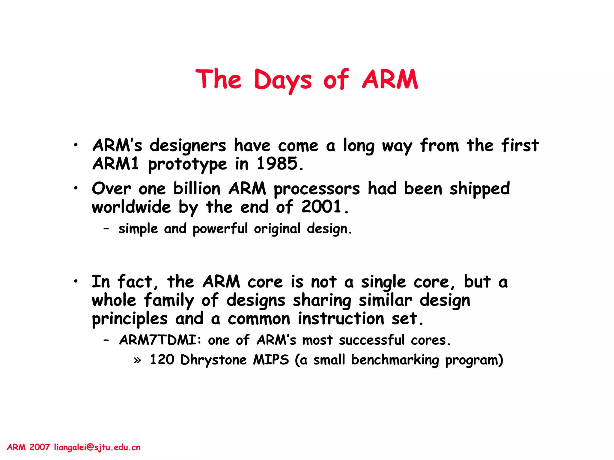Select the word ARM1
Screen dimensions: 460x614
(x=116, y=164)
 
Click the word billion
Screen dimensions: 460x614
(x=197, y=189)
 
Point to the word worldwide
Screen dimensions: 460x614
(x=131, y=207)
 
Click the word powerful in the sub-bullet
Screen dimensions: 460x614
(x=220, y=229)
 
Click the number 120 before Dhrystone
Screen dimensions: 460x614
(x=162, y=360)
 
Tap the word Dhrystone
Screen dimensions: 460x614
(x=213, y=360)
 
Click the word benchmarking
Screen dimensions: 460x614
(x=395, y=360)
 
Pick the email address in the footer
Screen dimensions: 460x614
(x=97, y=447)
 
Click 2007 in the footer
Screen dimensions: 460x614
(x=40, y=447)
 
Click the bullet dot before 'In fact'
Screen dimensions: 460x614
(x=76, y=281)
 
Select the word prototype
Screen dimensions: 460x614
(x=188, y=164)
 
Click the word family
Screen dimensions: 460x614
(x=169, y=300)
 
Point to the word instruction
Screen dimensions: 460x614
(x=341, y=319)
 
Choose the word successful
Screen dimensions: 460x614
(x=372, y=340)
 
